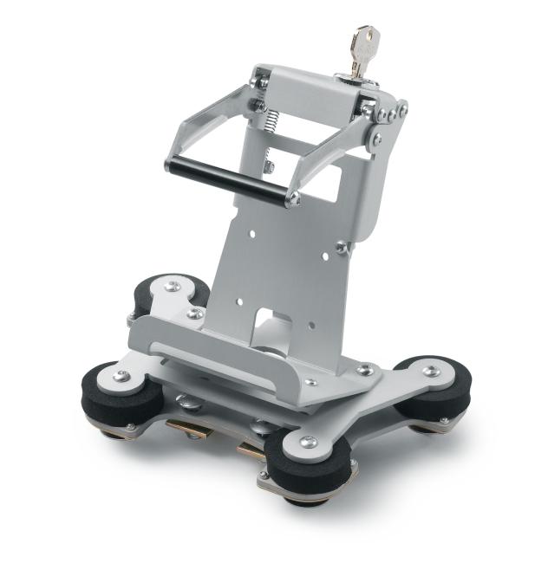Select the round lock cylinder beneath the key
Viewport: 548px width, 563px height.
(358, 81)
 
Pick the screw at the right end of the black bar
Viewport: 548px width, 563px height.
(294, 199)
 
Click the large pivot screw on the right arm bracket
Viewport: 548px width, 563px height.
(377, 139)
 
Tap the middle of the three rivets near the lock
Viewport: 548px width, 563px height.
(392, 110)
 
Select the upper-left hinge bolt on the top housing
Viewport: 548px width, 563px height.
(258, 81)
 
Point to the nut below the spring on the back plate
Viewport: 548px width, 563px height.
(270, 166)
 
